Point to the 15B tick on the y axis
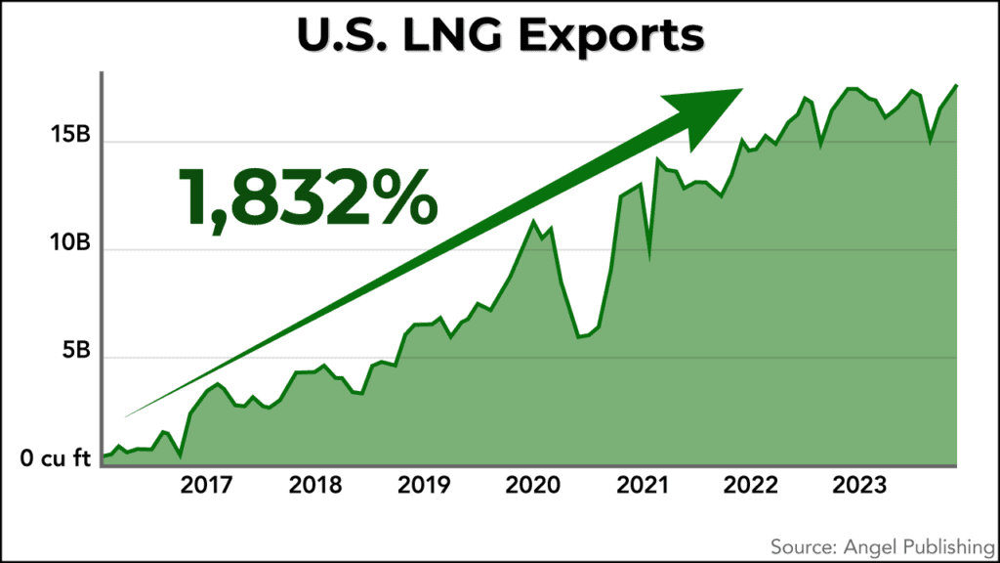click(x=70, y=137)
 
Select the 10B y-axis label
click(x=70, y=244)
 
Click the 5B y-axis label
click(x=75, y=353)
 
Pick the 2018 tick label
click(x=314, y=486)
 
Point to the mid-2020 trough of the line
click(x=579, y=336)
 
